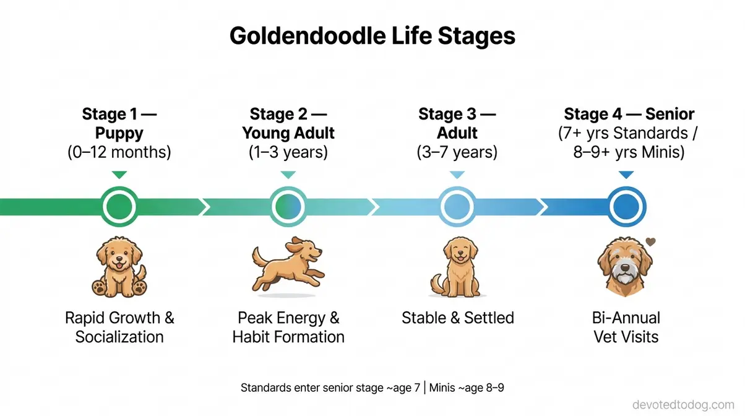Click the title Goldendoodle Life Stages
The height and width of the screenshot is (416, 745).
click(x=372, y=36)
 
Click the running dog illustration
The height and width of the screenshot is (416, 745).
click(x=288, y=263)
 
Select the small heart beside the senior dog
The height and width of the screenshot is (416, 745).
click(x=650, y=242)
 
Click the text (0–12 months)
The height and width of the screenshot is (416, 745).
click(x=119, y=152)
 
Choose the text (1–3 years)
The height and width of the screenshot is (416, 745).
click(x=288, y=152)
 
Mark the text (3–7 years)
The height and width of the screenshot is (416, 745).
click(x=457, y=152)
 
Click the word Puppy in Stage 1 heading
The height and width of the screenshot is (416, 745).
click(x=119, y=133)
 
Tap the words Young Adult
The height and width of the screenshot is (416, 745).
click(x=288, y=133)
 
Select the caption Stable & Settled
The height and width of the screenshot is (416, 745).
click(x=457, y=318)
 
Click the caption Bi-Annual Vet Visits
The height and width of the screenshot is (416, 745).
click(x=626, y=327)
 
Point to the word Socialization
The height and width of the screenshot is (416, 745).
click(x=119, y=337)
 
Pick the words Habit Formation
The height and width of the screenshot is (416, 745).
click(x=288, y=337)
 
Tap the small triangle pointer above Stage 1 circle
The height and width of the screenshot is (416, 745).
click(x=119, y=175)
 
